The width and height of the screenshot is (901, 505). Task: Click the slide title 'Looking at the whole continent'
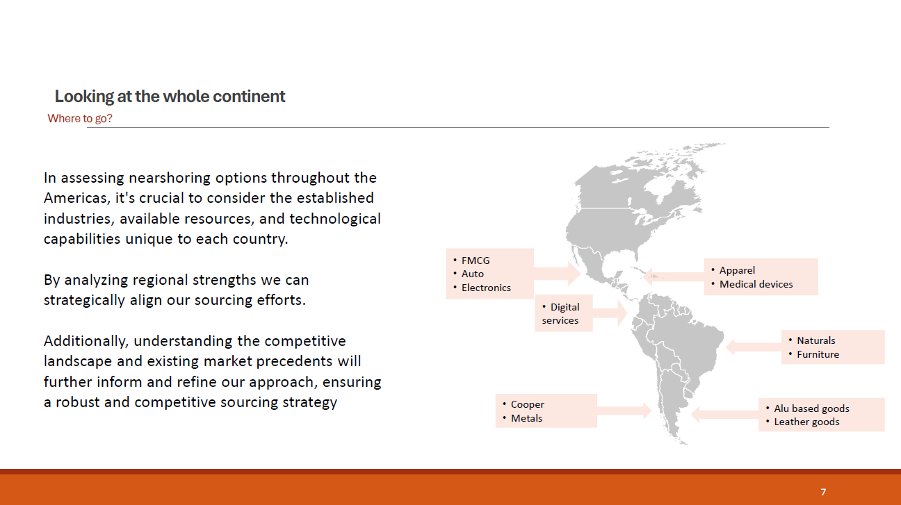(170, 97)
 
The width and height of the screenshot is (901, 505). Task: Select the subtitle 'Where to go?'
(80, 119)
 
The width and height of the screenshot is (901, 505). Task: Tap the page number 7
(823, 492)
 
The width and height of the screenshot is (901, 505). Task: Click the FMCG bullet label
(476, 260)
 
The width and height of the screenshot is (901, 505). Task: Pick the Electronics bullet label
(486, 288)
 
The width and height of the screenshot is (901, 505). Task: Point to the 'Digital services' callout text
(561, 314)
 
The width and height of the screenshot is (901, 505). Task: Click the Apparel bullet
(737, 270)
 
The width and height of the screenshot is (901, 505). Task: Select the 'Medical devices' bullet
(756, 284)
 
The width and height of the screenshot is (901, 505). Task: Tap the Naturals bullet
(815, 340)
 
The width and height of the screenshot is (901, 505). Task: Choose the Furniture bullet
(818, 354)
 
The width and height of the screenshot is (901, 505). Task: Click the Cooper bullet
(527, 404)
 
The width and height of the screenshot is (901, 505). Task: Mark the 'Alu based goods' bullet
(811, 408)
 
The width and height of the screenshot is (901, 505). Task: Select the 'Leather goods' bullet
(806, 422)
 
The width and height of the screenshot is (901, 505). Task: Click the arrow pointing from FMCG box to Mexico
(557, 273)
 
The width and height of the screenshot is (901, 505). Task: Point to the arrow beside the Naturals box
(752, 345)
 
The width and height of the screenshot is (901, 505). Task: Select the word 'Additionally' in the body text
(86, 341)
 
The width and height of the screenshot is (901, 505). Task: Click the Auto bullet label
(472, 274)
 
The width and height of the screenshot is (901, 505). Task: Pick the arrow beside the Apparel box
(674, 276)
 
